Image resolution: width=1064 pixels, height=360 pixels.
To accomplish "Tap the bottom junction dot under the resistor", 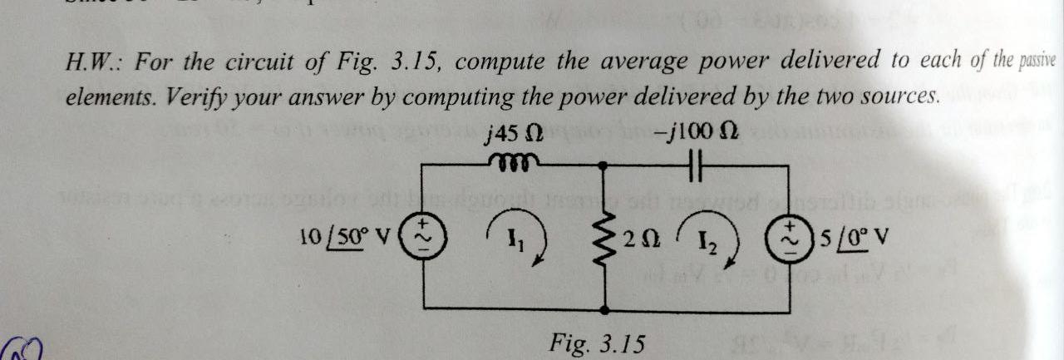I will click(x=602, y=311).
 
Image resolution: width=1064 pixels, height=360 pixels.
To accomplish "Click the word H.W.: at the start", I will click(x=92, y=62).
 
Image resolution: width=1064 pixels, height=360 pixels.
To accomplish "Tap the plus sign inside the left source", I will click(x=422, y=224).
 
